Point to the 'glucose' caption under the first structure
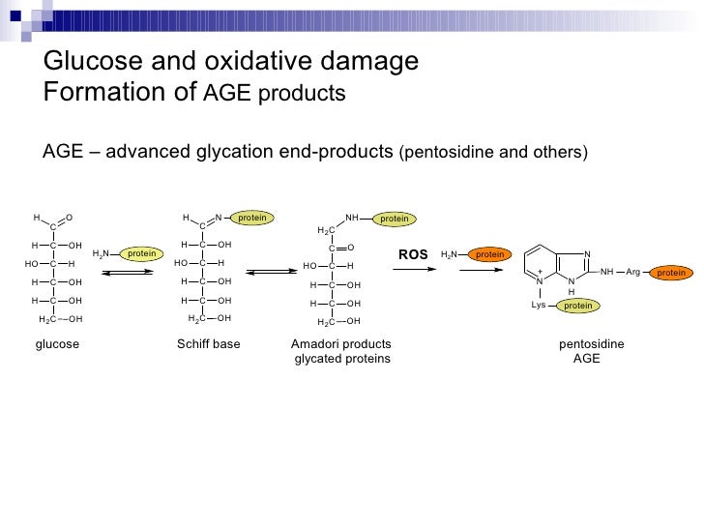point(57,344)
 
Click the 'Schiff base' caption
point(208,344)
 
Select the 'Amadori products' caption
point(340,344)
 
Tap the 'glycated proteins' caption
point(341,359)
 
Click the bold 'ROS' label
point(413,254)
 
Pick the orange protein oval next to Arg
point(671,273)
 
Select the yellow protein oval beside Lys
point(577,306)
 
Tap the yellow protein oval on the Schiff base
point(251,219)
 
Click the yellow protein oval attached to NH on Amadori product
point(394,220)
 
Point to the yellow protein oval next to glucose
point(142,253)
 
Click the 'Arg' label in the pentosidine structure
point(632,273)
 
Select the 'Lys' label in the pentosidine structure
point(540,306)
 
